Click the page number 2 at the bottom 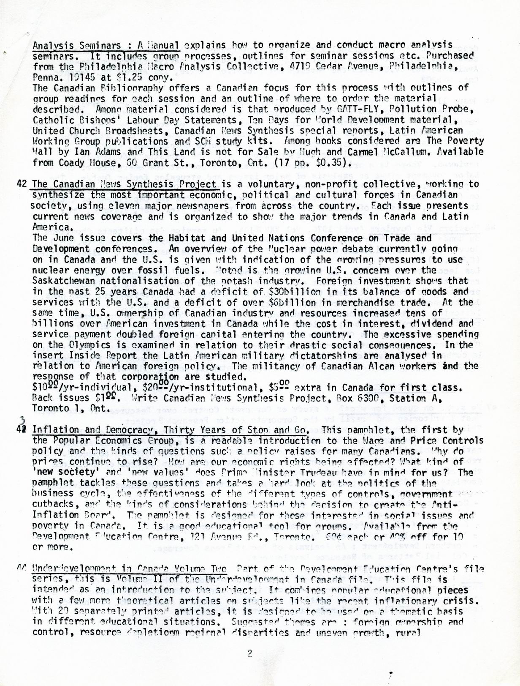click(249, 653)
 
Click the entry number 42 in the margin click(22, 184)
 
